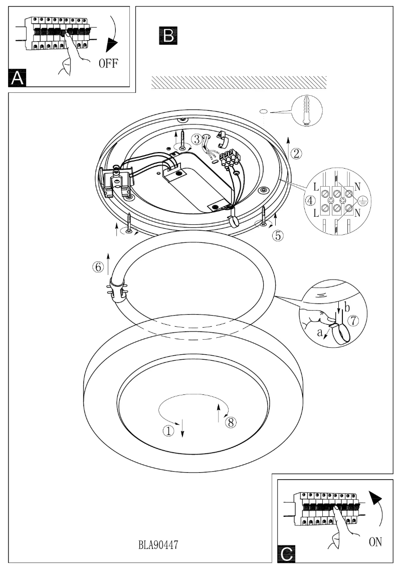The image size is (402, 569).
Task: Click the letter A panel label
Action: coord(18,78)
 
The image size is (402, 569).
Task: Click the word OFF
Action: coord(108,65)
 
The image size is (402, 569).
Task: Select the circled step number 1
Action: coord(169,430)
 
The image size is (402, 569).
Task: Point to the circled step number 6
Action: coord(98,267)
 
